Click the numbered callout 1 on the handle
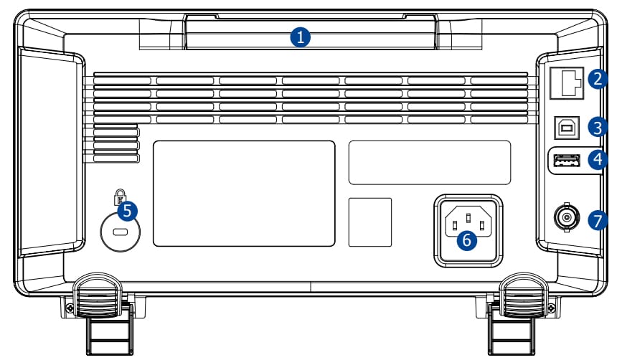pyautogui.click(x=301, y=37)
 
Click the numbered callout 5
pyautogui.click(x=127, y=210)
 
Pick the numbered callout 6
pyautogui.click(x=466, y=240)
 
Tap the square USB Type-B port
pyautogui.click(x=567, y=127)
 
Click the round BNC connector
pyautogui.click(x=566, y=215)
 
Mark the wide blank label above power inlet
pyautogui.click(x=429, y=162)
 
